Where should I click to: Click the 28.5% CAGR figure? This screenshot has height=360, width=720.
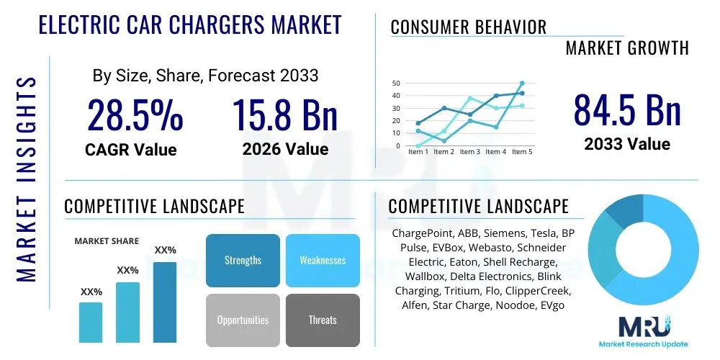click(135, 115)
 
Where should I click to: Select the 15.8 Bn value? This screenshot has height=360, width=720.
click(284, 115)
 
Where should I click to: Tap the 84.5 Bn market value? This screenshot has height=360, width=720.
click(626, 109)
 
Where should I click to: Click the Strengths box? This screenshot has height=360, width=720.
click(243, 261)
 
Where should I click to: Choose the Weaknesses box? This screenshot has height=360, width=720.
click(322, 261)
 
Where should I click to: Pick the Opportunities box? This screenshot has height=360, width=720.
click(243, 320)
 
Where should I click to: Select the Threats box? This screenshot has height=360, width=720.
click(322, 320)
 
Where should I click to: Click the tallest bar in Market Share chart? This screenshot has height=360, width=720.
click(165, 302)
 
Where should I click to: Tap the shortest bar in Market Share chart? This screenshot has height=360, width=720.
click(91, 322)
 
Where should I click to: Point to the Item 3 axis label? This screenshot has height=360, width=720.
click(469, 152)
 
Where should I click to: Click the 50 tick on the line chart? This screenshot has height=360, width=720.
click(396, 84)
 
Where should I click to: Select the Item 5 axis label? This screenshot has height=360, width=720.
click(521, 152)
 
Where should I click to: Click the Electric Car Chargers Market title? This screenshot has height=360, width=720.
click(189, 25)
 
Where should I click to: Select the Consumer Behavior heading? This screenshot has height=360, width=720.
click(468, 27)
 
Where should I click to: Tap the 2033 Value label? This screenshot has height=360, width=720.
click(626, 144)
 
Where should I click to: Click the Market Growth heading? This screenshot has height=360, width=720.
click(626, 48)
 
